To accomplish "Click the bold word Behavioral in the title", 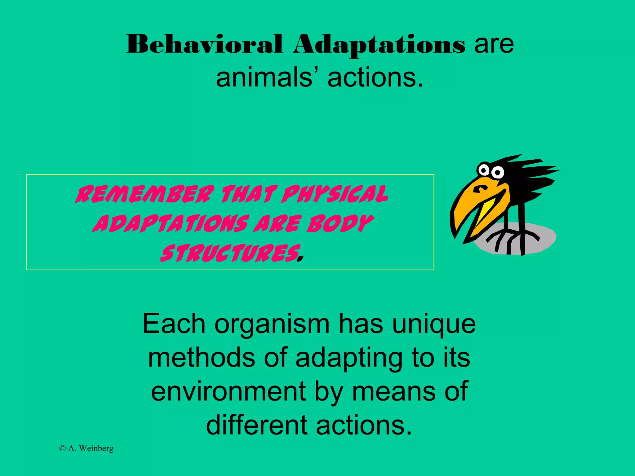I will click(205, 44).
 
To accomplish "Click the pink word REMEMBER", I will click(145, 194).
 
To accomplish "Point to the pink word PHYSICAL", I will click(334, 194).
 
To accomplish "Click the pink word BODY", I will click(340, 223).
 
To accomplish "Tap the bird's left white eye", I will click(483, 170).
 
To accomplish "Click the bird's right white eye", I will click(498, 172).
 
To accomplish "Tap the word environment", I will click(229, 391).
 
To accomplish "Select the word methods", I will click(201, 357).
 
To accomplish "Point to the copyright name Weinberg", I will click(96, 448).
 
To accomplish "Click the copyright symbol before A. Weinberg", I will click(62, 448).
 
